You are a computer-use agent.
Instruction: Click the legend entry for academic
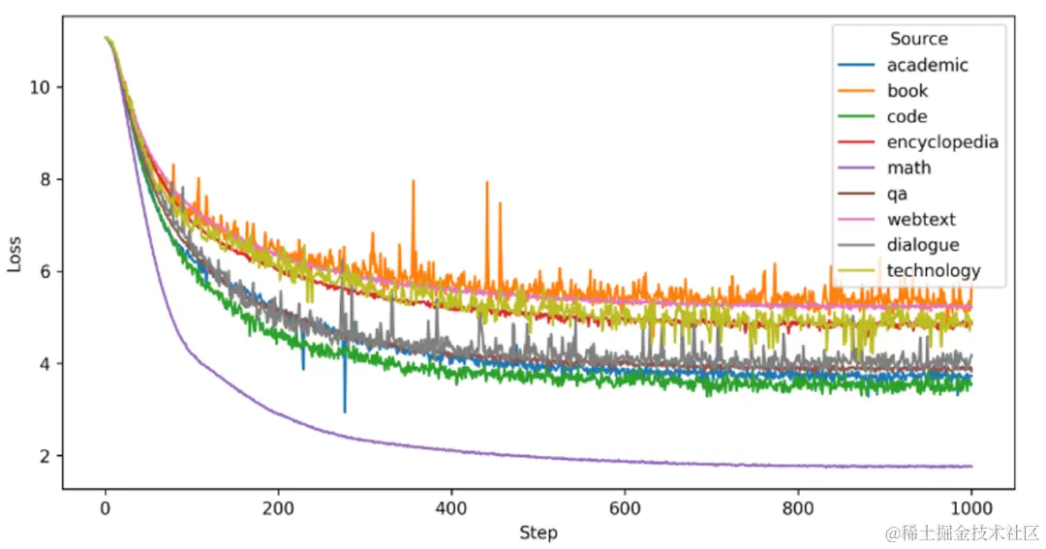[927, 66]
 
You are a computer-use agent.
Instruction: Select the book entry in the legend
[907, 91]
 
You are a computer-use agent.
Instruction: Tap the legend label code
[907, 117]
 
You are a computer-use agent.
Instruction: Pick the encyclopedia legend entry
[941, 142]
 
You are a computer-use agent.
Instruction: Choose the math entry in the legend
[908, 168]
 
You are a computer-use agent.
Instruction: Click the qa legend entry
[897, 194]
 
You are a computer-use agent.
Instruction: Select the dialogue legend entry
[922, 245]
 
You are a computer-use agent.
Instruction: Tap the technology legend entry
[933, 271]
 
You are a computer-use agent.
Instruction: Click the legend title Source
[919, 39]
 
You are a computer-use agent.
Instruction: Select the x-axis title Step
[538, 533]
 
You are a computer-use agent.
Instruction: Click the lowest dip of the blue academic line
[345, 412]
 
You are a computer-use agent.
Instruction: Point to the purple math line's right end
[970, 467]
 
